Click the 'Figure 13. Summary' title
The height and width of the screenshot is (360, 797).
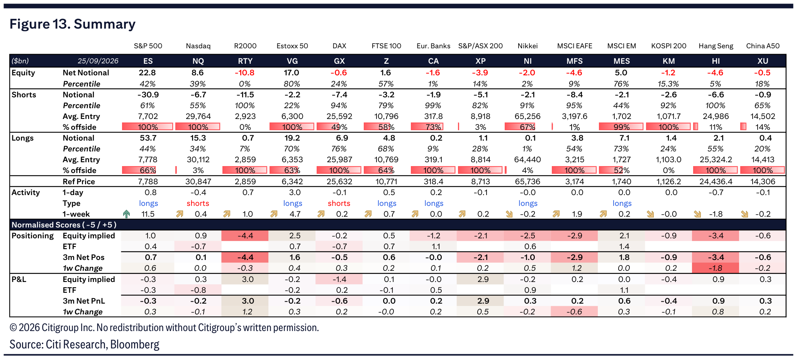point(73,24)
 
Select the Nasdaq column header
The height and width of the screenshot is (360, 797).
point(198,46)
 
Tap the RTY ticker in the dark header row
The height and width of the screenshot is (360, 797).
point(245,61)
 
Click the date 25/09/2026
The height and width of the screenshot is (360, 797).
point(98,61)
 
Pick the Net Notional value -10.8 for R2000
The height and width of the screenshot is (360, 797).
point(245,73)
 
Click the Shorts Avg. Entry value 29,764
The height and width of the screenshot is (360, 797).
point(198,116)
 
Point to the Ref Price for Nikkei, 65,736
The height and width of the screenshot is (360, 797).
point(528,182)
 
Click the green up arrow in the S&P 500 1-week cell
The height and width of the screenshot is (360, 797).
point(126,214)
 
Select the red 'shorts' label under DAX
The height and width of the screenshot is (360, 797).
point(339,203)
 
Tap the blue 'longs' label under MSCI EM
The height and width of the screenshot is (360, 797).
point(622,203)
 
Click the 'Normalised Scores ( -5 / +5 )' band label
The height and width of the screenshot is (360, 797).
point(64,225)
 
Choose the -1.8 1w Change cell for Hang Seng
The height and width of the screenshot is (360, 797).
point(716,268)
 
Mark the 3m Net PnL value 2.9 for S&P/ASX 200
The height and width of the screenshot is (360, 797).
point(483,301)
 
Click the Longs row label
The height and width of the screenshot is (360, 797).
point(22,138)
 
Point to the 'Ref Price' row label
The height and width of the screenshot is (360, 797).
point(79,182)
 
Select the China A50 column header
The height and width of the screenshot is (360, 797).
point(763,46)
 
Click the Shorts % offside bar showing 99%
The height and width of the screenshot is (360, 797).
point(621,127)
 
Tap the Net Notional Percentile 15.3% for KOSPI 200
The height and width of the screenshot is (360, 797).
point(668,84)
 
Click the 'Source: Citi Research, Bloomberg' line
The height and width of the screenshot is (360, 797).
point(85,344)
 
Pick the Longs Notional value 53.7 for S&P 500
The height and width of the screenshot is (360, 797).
point(148,138)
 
